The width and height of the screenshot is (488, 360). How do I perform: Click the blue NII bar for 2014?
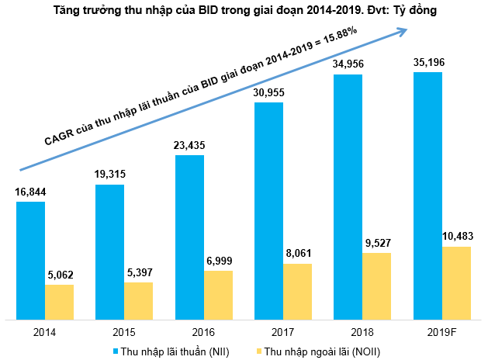click(30, 260)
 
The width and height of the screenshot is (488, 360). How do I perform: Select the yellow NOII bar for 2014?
click(59, 302)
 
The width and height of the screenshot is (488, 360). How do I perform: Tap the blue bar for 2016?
click(189, 237)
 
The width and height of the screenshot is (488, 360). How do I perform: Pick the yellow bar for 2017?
click(298, 291)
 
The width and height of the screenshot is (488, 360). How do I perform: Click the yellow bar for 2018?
click(377, 286)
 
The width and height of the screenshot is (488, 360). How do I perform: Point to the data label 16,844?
click(30, 192)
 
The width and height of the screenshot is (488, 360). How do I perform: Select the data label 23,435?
click(189, 146)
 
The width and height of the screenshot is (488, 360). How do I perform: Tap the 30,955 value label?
click(269, 93)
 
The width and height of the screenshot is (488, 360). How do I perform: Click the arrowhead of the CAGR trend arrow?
click(403, 31)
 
